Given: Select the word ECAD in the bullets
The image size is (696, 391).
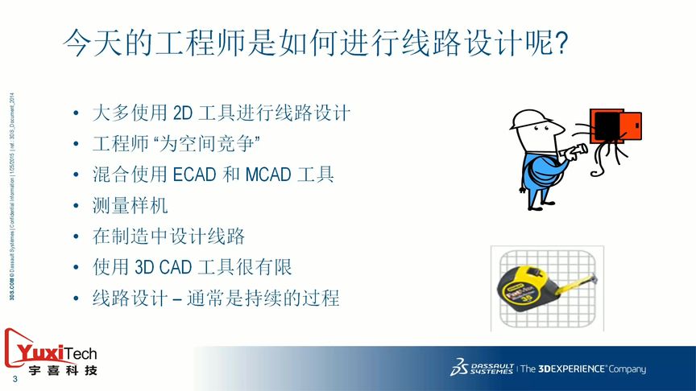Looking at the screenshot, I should [196, 174].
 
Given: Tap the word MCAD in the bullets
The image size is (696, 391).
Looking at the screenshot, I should [267, 174].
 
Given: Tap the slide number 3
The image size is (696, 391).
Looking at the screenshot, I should [14, 379].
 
